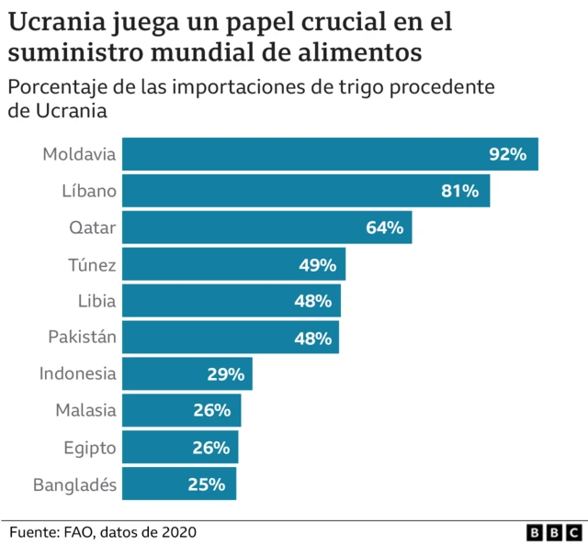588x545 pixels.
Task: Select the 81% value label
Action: (459, 191)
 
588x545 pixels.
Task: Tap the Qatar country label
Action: (93, 228)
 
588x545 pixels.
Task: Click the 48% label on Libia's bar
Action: (312, 301)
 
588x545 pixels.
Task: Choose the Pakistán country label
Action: (82, 338)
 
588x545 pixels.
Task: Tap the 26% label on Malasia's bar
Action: (211, 411)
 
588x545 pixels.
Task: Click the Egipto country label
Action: (89, 448)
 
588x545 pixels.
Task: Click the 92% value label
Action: (507, 154)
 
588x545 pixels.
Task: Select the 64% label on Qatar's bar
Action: (384, 228)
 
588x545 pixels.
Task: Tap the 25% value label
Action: (207, 484)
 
